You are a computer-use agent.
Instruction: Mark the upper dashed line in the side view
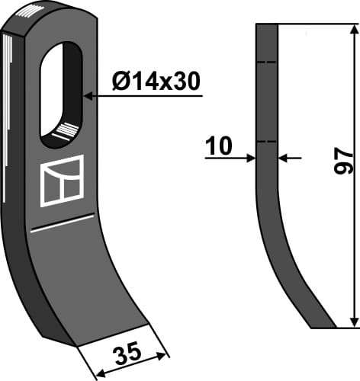pos(266,62)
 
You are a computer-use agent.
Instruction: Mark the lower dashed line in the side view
pos(266,142)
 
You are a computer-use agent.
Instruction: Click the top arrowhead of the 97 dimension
pos(353,29)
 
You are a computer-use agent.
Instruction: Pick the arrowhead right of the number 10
pos(283,158)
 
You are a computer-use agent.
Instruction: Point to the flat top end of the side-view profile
pos(266,25)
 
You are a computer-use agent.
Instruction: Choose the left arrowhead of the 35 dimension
pos(96,373)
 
